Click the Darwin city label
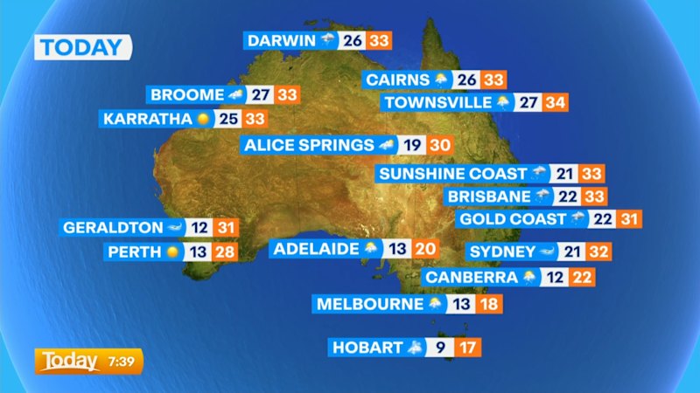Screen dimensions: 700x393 click(281, 40)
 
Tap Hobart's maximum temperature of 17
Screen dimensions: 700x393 click(469, 348)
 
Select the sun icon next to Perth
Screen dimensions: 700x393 click(172, 252)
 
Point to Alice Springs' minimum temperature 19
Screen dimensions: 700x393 click(413, 145)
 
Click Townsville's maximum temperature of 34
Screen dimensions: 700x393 click(555, 102)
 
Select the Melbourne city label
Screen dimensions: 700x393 click(369, 304)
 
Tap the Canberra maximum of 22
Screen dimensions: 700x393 click(581, 278)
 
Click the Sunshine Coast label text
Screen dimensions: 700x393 click(452, 174)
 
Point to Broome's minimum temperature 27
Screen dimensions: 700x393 click(260, 94)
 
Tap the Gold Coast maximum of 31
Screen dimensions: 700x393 click(628, 219)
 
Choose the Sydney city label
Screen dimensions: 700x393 click(501, 252)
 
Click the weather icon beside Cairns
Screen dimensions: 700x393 click(441, 79)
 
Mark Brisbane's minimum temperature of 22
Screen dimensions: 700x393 click(569, 196)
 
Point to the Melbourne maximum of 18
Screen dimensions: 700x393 click(492, 304)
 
